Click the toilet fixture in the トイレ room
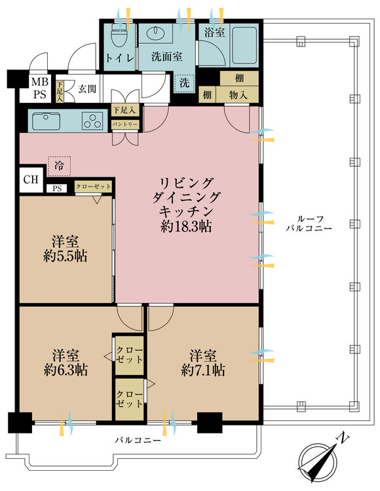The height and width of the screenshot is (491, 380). coord(119,33)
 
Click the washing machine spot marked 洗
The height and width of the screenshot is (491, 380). coord(184,83)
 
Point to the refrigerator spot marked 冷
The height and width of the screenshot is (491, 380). coord(59,166)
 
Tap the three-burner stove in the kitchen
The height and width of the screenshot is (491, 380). coord(92,120)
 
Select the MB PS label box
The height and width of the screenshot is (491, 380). coord(40,88)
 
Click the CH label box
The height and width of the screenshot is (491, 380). coord(30,179)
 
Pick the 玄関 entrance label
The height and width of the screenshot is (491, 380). coord(88,88)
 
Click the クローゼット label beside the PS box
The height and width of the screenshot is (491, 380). coord(93,186)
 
